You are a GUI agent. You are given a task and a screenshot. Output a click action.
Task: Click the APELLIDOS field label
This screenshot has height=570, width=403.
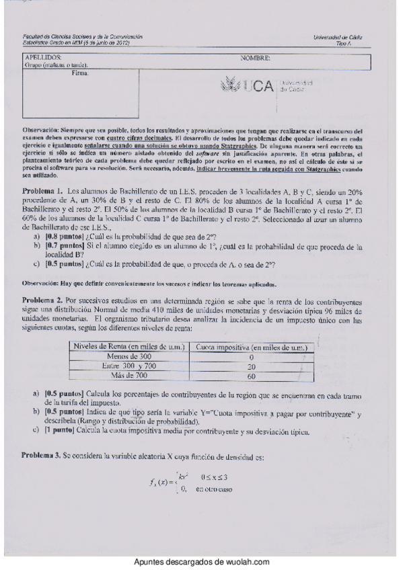(40, 58)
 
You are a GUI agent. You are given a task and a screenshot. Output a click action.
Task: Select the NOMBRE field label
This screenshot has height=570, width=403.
(255, 58)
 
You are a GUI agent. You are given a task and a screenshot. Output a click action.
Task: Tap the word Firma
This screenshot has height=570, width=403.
(80, 73)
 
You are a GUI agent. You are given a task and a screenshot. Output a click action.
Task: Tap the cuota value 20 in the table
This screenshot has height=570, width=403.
(252, 366)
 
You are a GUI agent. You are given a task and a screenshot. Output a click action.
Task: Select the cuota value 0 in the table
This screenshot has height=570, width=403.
(252, 357)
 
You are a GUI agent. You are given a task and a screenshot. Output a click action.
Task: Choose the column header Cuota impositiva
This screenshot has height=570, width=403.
(252, 347)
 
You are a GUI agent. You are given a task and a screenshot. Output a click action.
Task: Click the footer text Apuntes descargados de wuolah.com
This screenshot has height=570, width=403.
(201, 562)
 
